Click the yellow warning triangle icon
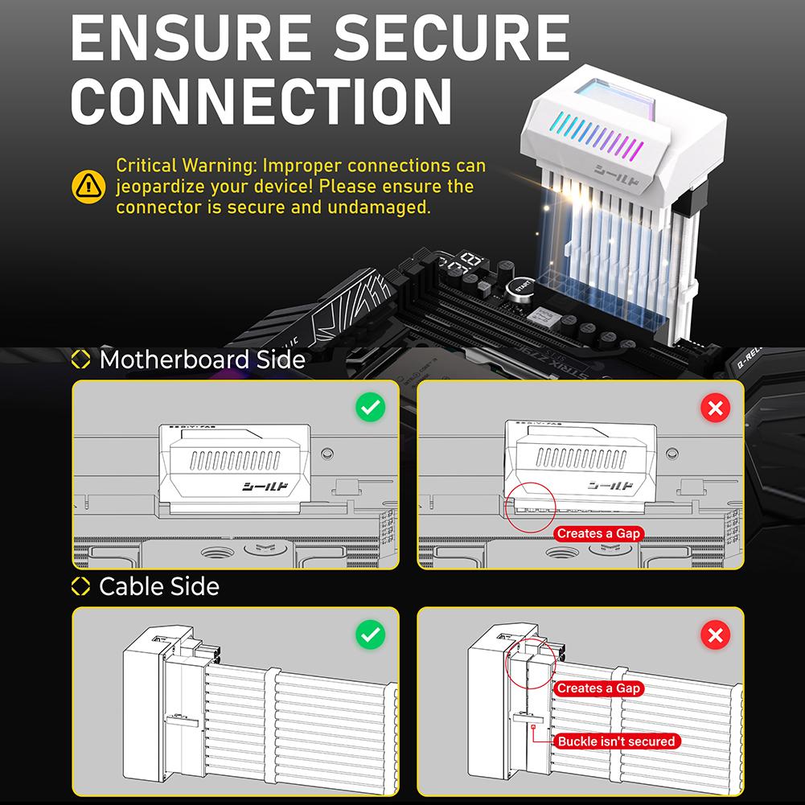pyautogui.click(x=88, y=187)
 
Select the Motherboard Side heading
pyautogui.click(x=201, y=359)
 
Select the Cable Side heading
pyautogui.click(x=158, y=586)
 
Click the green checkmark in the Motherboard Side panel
pyautogui.click(x=371, y=408)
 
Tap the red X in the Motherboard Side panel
pyautogui.click(x=715, y=408)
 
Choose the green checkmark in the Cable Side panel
pyautogui.click(x=371, y=635)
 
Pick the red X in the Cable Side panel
pyautogui.click(x=715, y=635)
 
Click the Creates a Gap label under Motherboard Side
pyautogui.click(x=598, y=533)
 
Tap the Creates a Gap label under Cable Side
pyautogui.click(x=598, y=688)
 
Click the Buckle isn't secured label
pyautogui.click(x=617, y=741)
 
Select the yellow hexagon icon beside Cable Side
pyautogui.click(x=81, y=586)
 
